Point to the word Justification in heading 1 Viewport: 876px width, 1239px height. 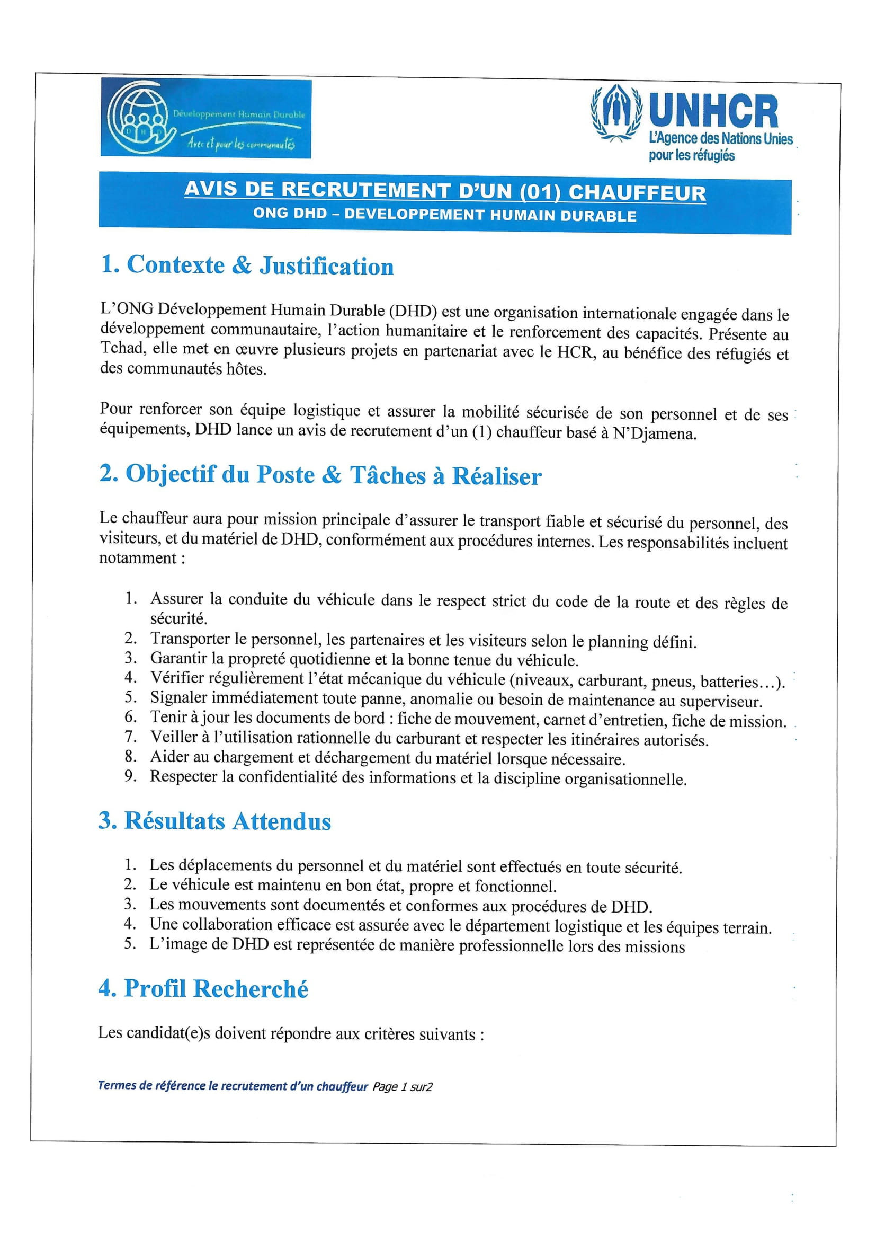point(326,266)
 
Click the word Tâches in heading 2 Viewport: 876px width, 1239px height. point(388,475)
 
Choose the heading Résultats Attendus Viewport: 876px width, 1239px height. point(214,821)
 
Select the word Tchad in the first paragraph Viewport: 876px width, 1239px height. point(121,348)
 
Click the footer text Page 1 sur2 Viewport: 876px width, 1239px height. point(403,1086)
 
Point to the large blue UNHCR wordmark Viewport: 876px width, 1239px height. point(713,112)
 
